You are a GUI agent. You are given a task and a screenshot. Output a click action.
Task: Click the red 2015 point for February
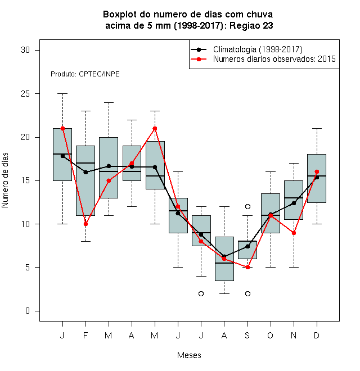[85, 224]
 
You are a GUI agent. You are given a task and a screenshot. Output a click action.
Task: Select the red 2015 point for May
[155, 129]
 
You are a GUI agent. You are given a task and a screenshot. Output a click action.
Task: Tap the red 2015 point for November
[294, 233]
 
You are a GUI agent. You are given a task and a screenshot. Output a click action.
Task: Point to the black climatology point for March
[109, 166]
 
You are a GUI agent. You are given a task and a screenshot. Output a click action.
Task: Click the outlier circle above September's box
[247, 206]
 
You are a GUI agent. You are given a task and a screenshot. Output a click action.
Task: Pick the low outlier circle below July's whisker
[201, 293]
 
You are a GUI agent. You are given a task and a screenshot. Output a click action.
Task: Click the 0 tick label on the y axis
[28, 311]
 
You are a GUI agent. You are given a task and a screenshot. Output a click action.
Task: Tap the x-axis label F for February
[85, 335]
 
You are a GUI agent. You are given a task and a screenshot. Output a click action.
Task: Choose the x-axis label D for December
[317, 335]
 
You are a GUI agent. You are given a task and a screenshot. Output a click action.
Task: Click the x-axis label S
[247, 335]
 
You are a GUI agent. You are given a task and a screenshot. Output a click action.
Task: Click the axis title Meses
[189, 355]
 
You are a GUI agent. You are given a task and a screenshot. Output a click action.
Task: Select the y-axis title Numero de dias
[5, 180]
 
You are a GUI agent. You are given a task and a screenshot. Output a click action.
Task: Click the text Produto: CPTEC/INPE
[85, 74]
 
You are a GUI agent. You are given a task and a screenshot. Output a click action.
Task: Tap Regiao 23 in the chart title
[251, 25]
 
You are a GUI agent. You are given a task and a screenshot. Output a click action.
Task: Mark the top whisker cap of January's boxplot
[63, 94]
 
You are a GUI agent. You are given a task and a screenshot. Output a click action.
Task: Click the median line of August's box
[224, 263]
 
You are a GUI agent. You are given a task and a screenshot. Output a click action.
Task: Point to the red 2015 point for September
[247, 268]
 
